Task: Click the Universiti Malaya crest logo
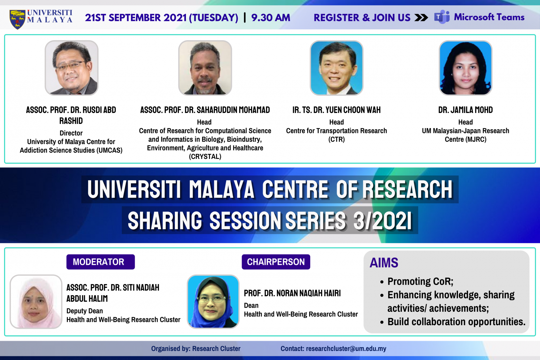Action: coord(17,19)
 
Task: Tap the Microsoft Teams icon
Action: coord(442,17)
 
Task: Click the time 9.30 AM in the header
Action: coord(271,18)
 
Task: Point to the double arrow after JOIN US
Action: coord(421,18)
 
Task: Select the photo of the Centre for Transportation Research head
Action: coord(336,68)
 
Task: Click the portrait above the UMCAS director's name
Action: coord(71,68)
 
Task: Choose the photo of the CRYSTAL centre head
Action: coord(205,68)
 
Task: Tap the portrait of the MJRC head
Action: coord(465,68)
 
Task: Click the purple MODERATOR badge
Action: coord(101,262)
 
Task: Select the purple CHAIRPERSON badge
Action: coord(276,262)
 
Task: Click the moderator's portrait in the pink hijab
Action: coord(36,301)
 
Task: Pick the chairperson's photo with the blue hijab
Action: coord(213,301)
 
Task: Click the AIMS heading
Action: coord(384,262)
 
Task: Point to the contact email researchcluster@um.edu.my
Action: coord(346,349)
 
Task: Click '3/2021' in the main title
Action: coord(383,221)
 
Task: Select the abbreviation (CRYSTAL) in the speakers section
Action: coord(205,157)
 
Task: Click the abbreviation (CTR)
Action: coord(336,139)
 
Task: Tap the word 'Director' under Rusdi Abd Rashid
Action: coord(71,133)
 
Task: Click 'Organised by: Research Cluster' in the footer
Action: coord(196,349)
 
